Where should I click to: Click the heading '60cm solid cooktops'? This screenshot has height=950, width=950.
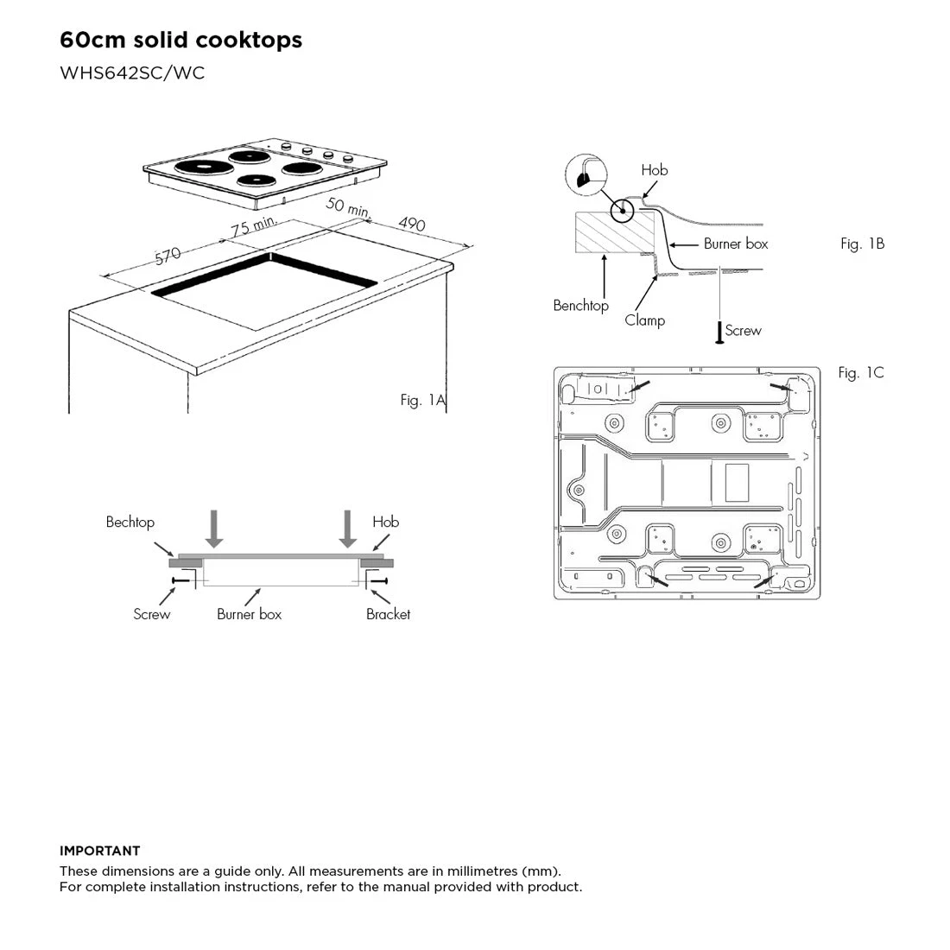click(180, 40)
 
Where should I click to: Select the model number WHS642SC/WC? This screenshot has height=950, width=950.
click(132, 73)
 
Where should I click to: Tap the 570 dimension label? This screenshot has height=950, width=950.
click(168, 256)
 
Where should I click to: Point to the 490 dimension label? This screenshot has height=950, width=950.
click(412, 224)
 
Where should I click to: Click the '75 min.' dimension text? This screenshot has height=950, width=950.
click(254, 226)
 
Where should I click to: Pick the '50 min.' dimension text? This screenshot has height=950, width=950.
click(348, 207)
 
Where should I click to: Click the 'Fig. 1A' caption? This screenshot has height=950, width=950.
click(423, 400)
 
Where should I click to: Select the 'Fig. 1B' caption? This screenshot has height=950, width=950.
click(862, 244)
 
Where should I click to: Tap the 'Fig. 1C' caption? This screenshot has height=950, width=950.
click(861, 372)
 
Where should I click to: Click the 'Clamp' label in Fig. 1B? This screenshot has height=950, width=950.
click(644, 320)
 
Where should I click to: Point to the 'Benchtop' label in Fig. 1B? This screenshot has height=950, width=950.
click(580, 306)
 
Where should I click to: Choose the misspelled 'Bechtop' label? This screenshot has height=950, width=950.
click(130, 522)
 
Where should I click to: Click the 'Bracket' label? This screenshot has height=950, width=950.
click(388, 614)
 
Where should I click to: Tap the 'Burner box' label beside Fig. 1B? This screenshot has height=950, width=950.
click(736, 244)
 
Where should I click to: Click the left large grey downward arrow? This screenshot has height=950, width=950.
click(214, 529)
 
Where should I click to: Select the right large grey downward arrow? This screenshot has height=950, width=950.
click(348, 529)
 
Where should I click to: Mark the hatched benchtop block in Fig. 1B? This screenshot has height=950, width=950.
click(615, 232)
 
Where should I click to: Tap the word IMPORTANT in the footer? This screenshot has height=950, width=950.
click(100, 851)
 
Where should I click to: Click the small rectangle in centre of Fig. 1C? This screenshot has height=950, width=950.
click(737, 482)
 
